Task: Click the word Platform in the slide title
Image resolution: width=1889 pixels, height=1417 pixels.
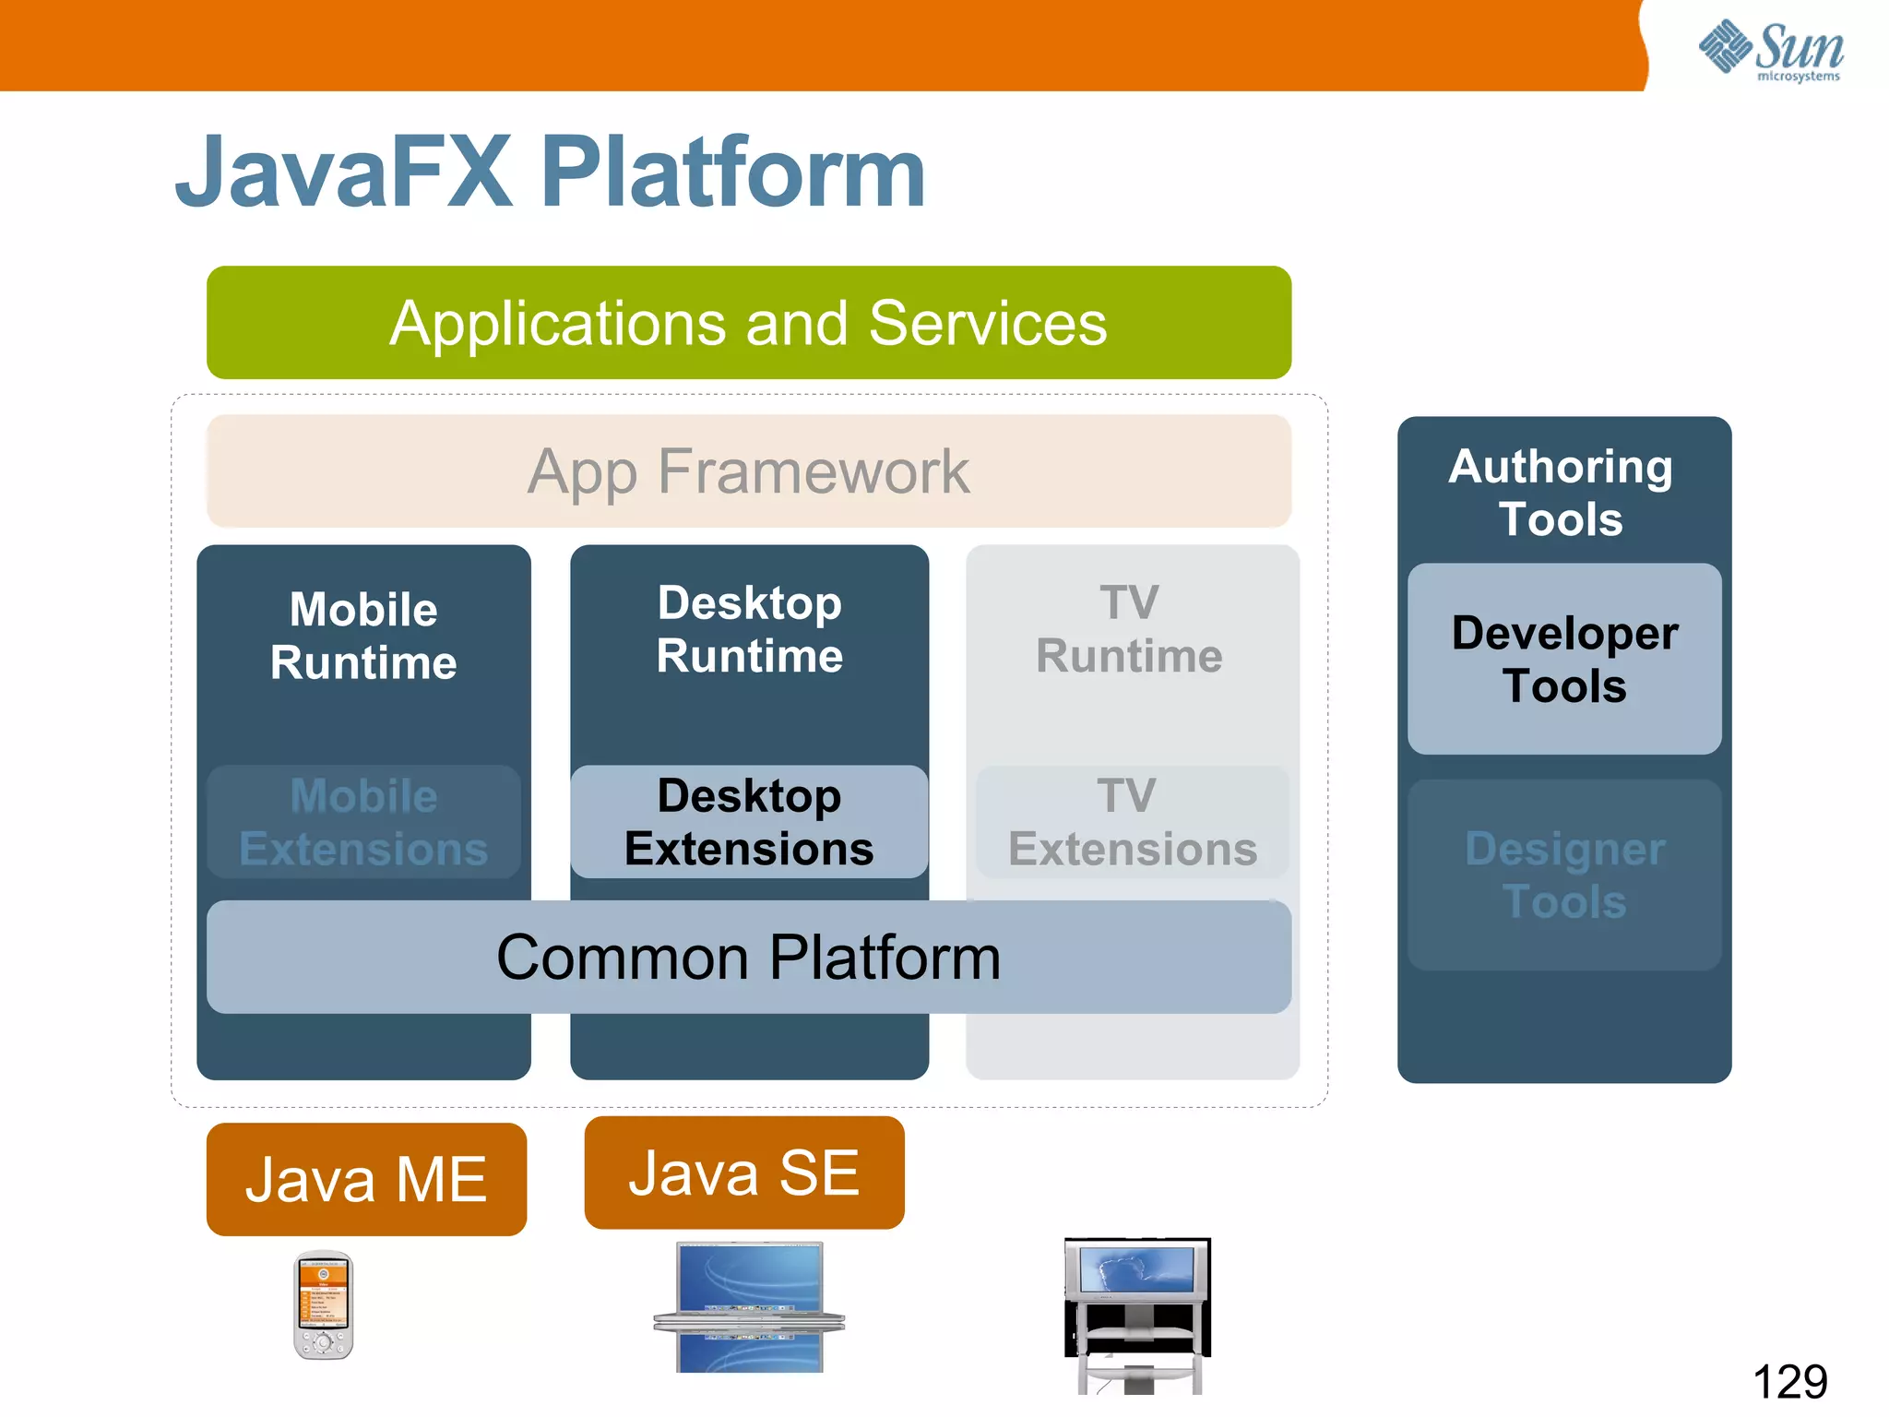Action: point(732,173)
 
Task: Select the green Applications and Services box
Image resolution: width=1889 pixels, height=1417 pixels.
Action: point(748,323)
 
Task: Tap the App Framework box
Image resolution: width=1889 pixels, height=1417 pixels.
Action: point(748,471)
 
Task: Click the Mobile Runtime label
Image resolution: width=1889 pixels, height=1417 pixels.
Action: point(363,637)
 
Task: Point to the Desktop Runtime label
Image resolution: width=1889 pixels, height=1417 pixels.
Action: point(749,629)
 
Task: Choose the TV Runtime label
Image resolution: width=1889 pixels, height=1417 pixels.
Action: point(1129,629)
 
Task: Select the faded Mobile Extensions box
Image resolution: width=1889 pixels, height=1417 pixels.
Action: point(363,822)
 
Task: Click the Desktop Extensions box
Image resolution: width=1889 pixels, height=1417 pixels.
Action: point(749,822)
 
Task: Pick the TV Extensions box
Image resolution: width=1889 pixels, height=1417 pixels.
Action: point(1132,822)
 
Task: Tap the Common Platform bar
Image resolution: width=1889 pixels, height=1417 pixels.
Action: point(748,958)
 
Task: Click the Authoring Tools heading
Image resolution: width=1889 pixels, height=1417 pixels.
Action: point(1561,493)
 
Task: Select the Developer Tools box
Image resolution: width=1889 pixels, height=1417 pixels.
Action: point(1564,659)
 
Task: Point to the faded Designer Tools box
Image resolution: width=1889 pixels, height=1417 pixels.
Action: point(1564,875)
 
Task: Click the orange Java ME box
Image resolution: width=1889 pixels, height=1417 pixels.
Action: point(366,1180)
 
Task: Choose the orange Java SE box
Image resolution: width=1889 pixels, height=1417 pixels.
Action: point(743,1173)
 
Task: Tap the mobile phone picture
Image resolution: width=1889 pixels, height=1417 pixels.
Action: point(323,1305)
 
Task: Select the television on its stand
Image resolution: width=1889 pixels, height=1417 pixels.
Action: point(1137,1315)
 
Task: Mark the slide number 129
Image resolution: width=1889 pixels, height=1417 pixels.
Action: point(1789,1382)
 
